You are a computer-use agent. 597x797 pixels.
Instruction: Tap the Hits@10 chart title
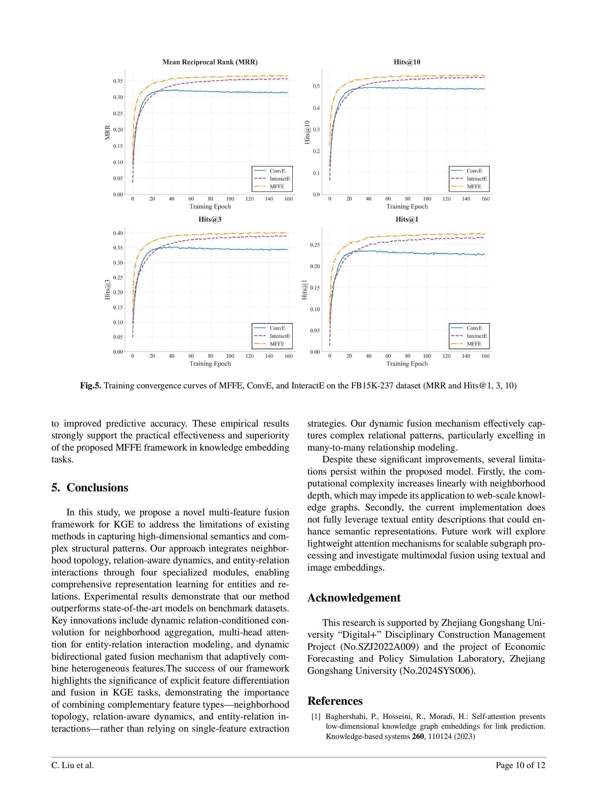(x=407, y=62)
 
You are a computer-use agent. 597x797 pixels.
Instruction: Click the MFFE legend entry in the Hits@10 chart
(x=474, y=187)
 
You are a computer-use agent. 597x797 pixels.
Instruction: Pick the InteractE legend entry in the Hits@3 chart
(x=280, y=336)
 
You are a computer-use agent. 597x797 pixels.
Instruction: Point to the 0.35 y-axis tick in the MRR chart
(x=118, y=81)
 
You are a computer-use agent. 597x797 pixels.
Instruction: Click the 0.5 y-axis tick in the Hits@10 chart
(x=316, y=86)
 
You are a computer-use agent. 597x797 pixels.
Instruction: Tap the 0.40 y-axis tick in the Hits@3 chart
(x=118, y=233)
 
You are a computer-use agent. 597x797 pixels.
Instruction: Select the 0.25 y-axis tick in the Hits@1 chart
(x=315, y=245)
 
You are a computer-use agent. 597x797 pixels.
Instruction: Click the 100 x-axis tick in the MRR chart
(x=230, y=199)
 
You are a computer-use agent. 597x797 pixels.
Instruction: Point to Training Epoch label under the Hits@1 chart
(x=407, y=364)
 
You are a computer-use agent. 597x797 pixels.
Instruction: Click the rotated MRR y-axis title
(x=107, y=133)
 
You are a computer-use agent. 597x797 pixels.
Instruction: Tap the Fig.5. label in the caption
(x=90, y=386)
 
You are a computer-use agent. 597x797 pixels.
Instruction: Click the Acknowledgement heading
(x=354, y=598)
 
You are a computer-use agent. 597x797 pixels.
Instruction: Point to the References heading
(x=335, y=701)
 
